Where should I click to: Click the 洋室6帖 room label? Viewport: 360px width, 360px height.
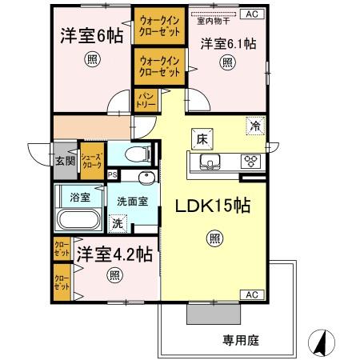(90, 36)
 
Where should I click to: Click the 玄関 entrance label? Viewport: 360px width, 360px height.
(65, 159)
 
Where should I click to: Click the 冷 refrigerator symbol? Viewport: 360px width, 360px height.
(254, 126)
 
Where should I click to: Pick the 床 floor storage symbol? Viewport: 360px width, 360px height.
(200, 138)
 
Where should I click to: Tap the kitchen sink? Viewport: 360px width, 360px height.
(208, 162)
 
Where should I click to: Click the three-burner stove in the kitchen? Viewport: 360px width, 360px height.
(252, 162)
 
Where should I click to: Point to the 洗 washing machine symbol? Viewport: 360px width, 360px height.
(118, 224)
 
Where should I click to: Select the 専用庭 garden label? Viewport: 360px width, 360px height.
(239, 339)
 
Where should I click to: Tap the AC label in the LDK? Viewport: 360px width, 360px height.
(251, 294)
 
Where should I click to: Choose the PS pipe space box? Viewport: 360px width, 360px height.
(112, 174)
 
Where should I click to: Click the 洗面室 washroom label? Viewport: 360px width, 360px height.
(131, 202)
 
